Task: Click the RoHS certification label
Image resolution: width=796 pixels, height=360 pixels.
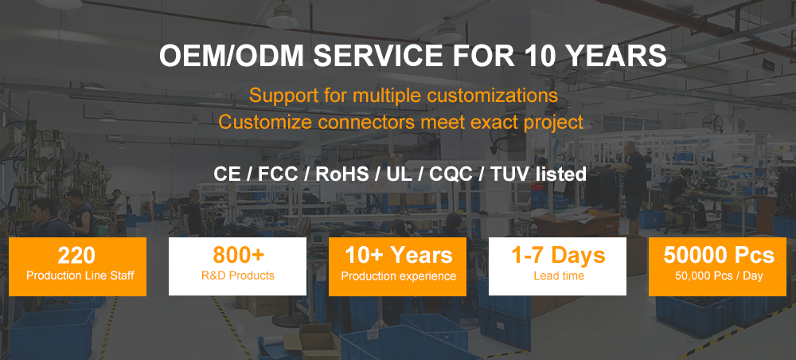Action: pos(342,174)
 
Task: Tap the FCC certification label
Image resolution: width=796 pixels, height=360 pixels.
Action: pos(278,174)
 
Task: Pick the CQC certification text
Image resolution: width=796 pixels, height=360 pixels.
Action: pos(450,174)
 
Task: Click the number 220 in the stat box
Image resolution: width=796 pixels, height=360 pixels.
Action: pos(76,256)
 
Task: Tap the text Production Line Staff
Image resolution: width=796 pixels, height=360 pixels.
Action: pos(80,276)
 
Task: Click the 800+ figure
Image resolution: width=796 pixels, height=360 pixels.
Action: pos(238,256)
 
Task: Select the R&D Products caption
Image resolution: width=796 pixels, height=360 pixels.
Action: pos(237,276)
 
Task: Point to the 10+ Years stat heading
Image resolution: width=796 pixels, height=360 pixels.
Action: pos(399,256)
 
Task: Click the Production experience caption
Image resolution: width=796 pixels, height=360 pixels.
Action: pos(399,276)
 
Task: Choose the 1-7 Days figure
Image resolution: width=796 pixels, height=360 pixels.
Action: pos(558,256)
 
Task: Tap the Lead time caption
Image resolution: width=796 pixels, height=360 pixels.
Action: pos(559,276)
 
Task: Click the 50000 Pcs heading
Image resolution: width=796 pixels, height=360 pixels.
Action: pos(719,256)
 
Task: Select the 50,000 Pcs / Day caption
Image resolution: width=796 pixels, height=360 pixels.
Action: pos(719,276)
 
